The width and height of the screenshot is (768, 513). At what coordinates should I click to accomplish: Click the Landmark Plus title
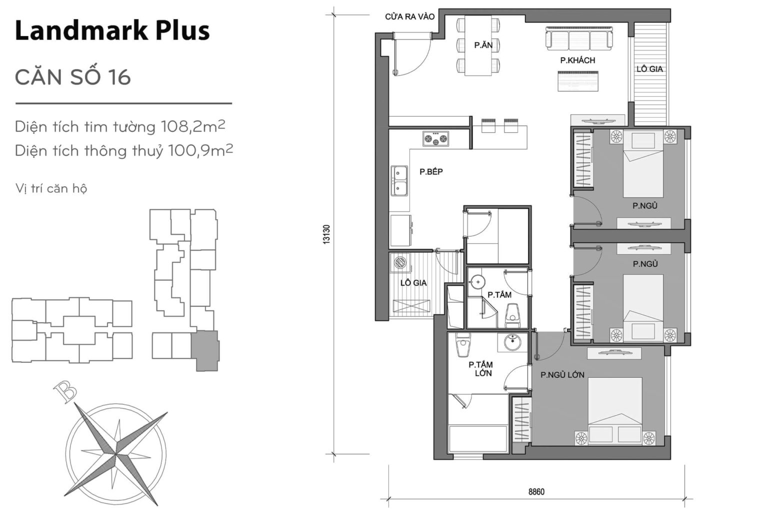112,31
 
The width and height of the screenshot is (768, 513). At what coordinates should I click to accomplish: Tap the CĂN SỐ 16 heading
73,77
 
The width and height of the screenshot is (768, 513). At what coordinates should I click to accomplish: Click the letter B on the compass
65,391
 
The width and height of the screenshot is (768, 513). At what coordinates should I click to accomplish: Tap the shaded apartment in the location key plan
204,350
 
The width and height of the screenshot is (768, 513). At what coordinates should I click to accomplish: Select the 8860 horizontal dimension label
536,491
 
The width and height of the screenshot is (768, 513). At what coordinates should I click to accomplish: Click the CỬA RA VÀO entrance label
409,17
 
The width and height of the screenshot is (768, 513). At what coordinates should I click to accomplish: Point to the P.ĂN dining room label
483,46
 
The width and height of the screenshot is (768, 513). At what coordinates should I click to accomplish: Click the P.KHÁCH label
577,61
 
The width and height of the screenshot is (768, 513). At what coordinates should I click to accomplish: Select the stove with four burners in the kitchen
435,139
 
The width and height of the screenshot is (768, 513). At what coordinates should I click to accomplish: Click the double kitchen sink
399,181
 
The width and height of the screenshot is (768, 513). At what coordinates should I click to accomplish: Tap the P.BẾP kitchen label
431,172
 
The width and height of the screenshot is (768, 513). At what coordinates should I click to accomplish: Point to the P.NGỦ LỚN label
562,375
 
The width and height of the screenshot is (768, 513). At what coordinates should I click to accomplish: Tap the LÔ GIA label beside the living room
649,69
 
